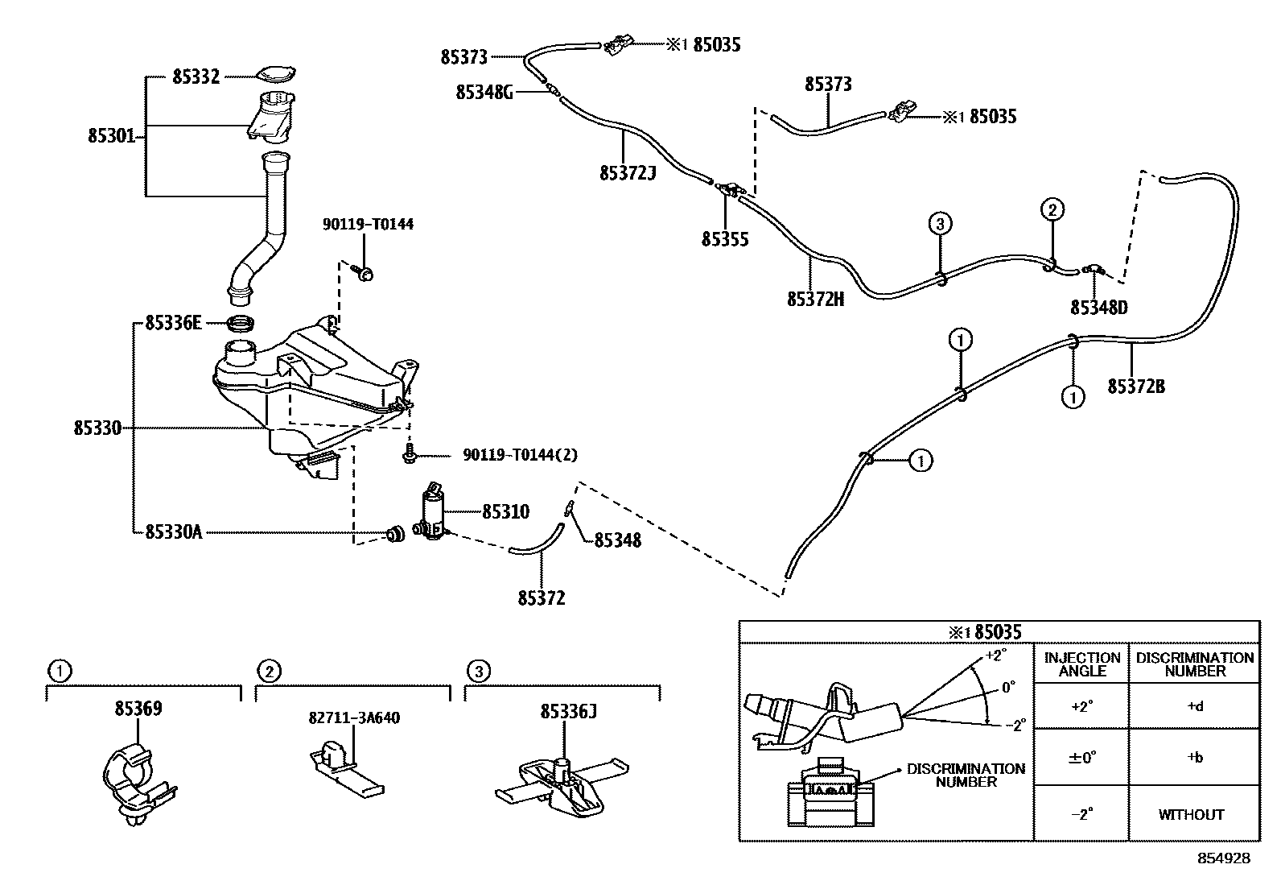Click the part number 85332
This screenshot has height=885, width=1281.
(196, 77)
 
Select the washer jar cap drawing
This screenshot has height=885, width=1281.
(275, 74)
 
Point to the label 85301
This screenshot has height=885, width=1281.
(112, 136)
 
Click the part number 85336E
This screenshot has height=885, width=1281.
(173, 323)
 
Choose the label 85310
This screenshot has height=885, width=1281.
(505, 512)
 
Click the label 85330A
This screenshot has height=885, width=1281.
(174, 532)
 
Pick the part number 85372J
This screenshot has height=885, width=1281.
(628, 173)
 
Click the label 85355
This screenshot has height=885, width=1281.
(725, 239)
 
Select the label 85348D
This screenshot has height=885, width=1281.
(1099, 308)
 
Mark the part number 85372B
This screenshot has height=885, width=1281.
(1136, 387)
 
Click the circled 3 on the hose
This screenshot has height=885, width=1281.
(940, 224)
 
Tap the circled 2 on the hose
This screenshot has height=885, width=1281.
(1052, 210)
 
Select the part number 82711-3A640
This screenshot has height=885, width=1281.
(354, 718)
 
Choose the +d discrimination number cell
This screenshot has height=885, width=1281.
(1195, 706)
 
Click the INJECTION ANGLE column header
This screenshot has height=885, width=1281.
(1082, 664)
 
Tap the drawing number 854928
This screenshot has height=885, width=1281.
(1224, 858)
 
